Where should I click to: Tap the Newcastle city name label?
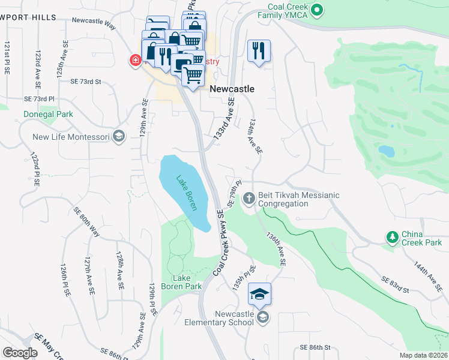pos(232,89)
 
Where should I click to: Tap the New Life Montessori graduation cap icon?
pos(118,137)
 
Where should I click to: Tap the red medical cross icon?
pos(135,60)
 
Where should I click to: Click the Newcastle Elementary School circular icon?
pos(262,317)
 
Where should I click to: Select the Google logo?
pos(20,353)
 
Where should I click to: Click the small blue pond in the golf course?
pos(387,151)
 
